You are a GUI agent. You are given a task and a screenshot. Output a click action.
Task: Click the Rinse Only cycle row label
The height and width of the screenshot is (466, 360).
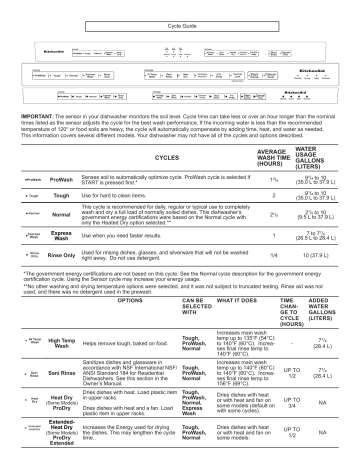pos(57,256)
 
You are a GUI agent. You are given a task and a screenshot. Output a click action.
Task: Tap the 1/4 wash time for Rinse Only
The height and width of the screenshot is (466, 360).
pos(272,256)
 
